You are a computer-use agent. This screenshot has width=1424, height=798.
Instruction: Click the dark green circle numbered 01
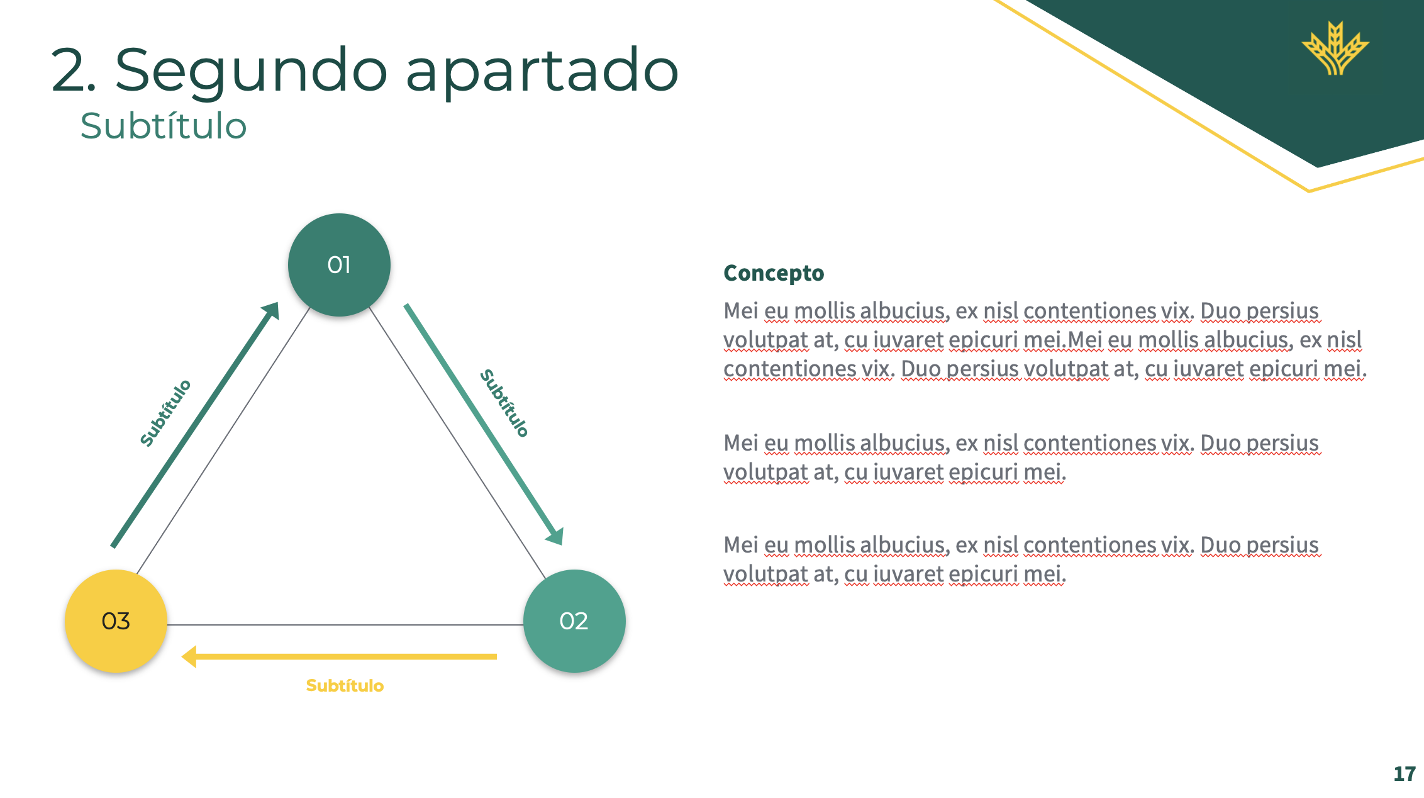pos(339,265)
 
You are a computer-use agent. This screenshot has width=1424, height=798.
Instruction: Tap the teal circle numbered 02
pos(574,621)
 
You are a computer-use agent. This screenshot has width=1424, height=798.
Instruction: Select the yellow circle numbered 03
pos(116,621)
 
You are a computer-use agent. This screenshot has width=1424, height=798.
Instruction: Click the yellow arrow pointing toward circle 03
pos(340,656)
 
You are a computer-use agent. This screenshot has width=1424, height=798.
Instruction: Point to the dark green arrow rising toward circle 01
pos(195,425)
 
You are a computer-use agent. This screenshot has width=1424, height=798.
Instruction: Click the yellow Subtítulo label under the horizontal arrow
pos(345,685)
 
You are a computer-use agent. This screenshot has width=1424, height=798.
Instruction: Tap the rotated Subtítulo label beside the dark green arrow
pos(165,413)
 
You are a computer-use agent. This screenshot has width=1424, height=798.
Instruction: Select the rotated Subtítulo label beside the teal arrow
pos(504,403)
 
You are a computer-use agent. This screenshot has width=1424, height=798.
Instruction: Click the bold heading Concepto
pos(774,273)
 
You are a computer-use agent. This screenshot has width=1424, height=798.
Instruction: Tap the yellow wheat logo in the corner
pos(1335,48)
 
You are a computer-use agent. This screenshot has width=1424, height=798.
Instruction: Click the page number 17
pos(1404,773)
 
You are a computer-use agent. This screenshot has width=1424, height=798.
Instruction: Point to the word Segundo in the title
pos(251,70)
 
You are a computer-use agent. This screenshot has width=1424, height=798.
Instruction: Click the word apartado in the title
pos(542,70)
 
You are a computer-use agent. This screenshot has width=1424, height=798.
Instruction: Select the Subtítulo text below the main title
pos(164,126)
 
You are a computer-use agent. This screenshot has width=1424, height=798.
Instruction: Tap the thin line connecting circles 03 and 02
pos(345,625)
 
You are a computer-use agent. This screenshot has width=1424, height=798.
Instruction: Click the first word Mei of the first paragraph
pos(740,311)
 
